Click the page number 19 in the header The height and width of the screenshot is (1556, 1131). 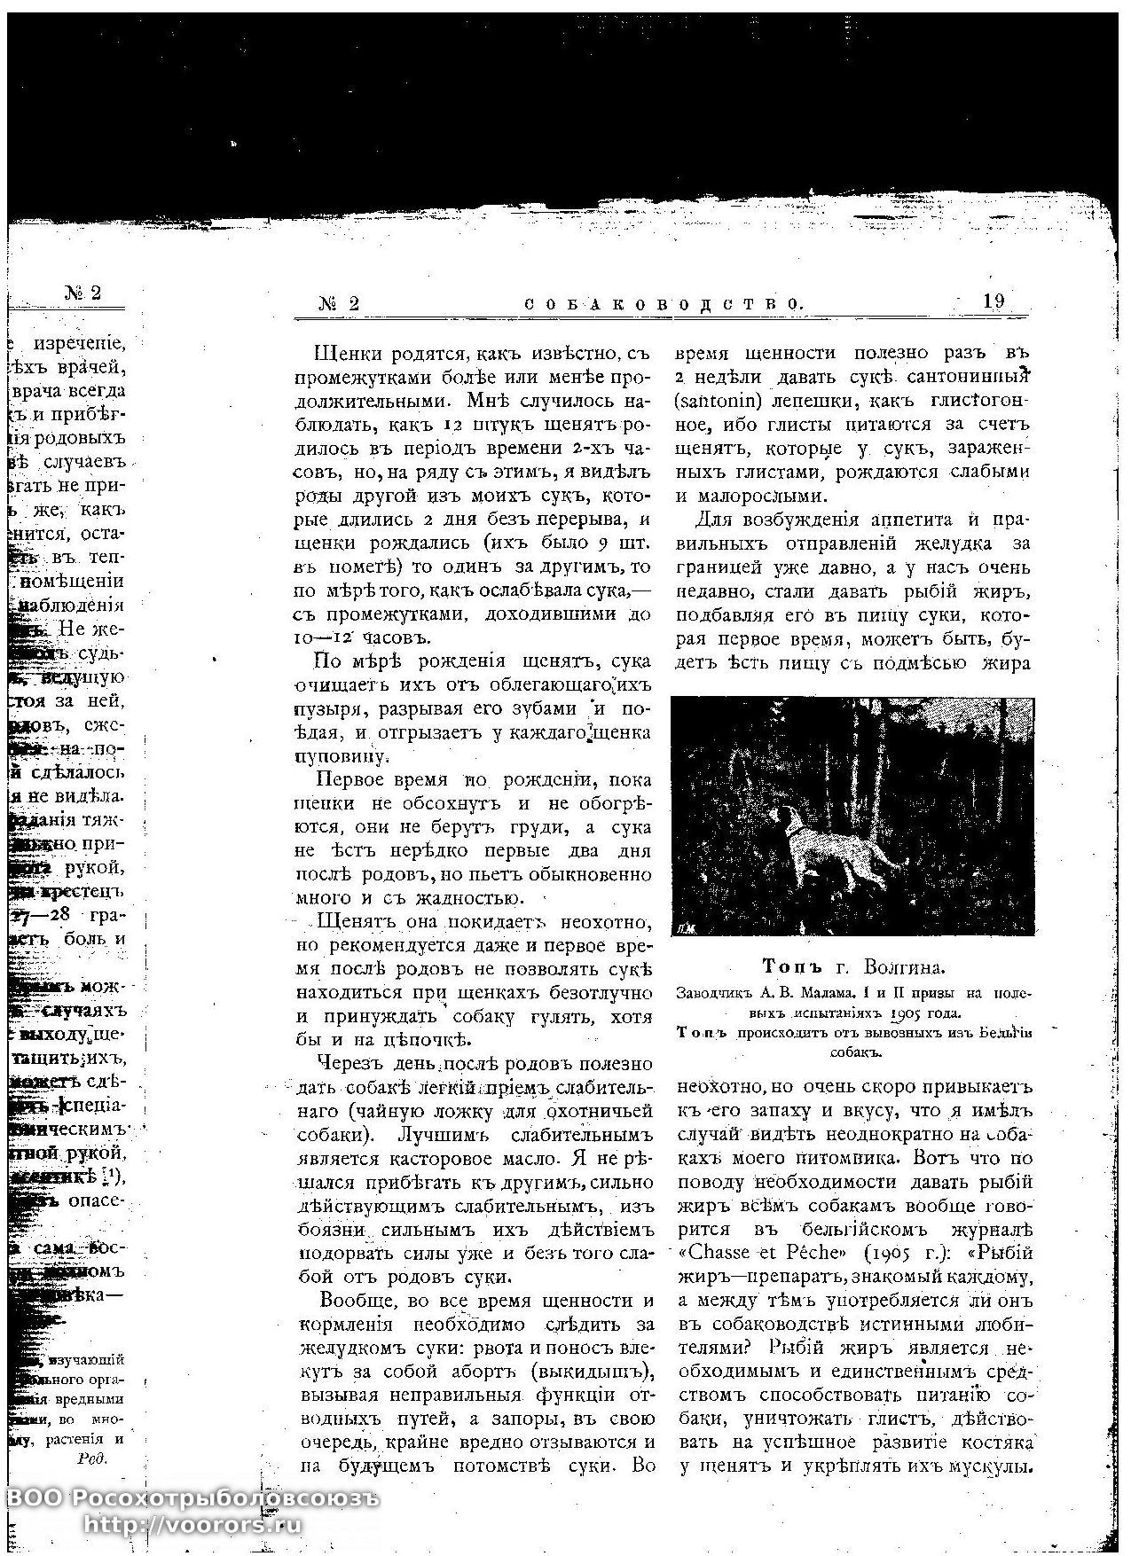[x=994, y=301]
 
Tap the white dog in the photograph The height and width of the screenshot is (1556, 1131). [x=829, y=846]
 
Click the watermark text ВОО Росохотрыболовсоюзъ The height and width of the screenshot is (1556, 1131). [x=192, y=1498]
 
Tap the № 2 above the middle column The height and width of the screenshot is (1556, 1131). [x=340, y=303]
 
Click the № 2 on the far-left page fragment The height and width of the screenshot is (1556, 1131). [x=82, y=293]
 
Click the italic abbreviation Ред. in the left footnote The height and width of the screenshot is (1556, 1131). [x=92, y=1458]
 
